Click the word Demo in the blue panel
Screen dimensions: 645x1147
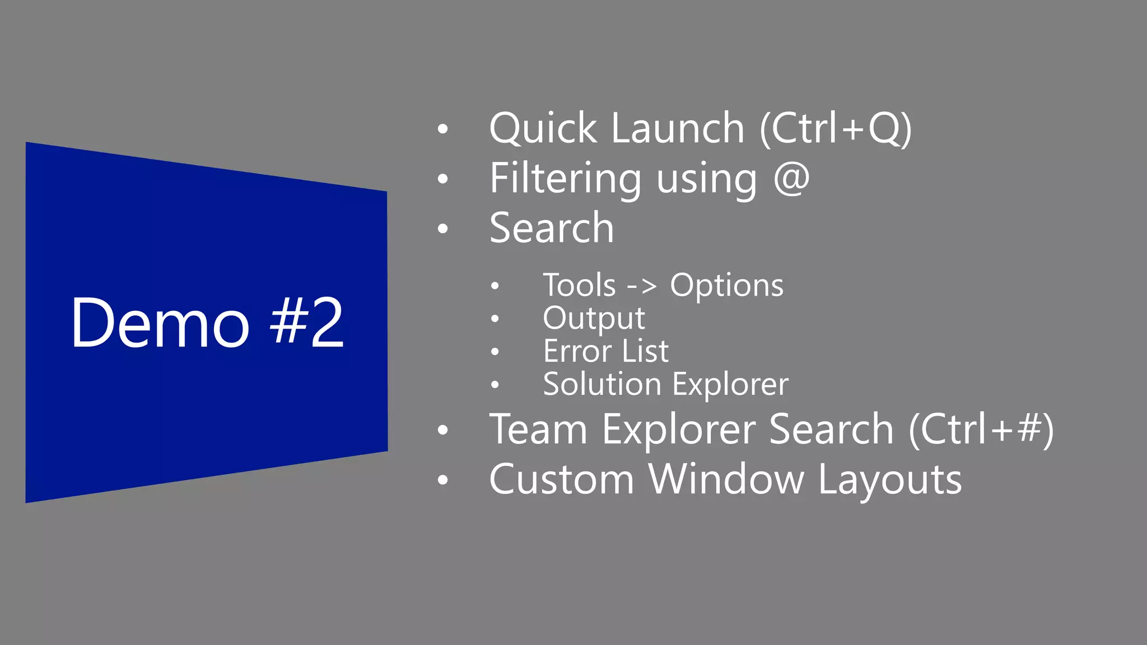pos(160,323)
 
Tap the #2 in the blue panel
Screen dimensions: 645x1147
pos(307,323)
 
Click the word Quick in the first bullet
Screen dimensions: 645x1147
pos(543,129)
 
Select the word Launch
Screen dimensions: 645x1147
pos(678,129)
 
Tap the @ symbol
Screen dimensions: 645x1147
pos(791,178)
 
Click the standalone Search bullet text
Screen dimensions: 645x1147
pos(552,228)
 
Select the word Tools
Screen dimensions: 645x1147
pos(580,286)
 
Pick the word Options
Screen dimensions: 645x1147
pos(726,286)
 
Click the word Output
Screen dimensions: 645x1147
pos(594,319)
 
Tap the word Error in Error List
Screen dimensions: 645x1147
pos(577,352)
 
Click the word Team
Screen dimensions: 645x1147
pos(538,429)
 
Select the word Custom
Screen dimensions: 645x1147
pos(561,480)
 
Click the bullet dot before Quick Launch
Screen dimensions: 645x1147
pos(443,129)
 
